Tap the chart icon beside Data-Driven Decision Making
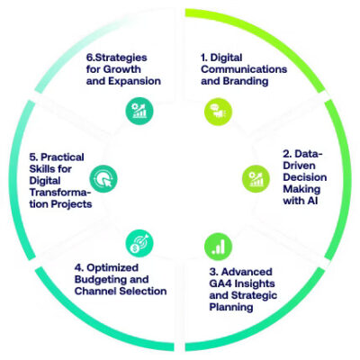[x=256, y=179]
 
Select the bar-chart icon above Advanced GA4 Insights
[x=218, y=247]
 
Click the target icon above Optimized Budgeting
[x=139, y=243]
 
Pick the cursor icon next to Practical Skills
[x=103, y=179]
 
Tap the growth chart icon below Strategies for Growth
[x=139, y=112]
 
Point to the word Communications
[x=244, y=69]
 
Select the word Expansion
[x=134, y=81]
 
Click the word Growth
[x=121, y=69]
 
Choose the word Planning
[x=231, y=307]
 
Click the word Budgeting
[x=97, y=280]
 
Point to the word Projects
[x=71, y=204]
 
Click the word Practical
[x=62, y=157]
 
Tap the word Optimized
[x=112, y=268]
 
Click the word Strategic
[x=254, y=295]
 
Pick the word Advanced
[x=247, y=272]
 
